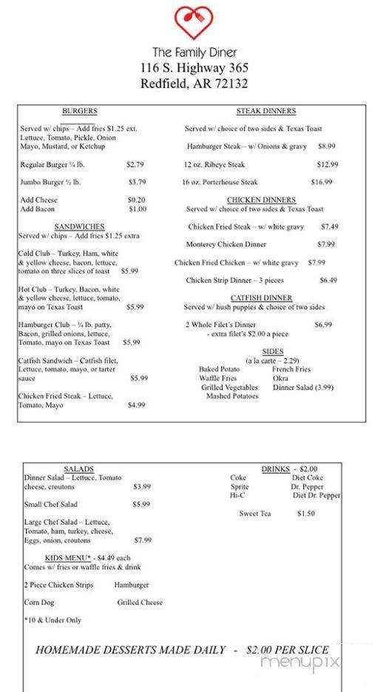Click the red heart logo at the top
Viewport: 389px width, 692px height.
194,23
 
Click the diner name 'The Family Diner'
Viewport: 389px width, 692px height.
194,53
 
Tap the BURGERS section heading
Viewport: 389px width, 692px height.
79,111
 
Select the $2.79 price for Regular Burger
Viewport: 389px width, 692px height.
135,164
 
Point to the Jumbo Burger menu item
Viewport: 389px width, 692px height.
50,182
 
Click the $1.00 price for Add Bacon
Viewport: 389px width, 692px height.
138,209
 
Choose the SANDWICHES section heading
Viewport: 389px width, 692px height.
79,226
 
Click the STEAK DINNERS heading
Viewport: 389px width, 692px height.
266,111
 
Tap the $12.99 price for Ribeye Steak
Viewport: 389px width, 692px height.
328,164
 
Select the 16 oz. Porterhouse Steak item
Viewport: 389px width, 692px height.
220,182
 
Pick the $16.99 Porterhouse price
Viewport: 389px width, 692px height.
322,182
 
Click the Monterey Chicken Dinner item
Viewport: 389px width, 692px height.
226,244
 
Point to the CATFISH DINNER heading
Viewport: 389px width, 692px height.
261,298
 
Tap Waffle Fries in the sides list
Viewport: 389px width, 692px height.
218,378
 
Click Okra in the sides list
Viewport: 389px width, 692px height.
280,378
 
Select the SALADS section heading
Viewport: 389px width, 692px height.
79,469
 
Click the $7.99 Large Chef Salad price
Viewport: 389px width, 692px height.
143,540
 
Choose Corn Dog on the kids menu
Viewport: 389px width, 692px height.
39,602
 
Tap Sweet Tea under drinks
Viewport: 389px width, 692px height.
255,514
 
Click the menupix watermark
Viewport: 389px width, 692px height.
299,661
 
